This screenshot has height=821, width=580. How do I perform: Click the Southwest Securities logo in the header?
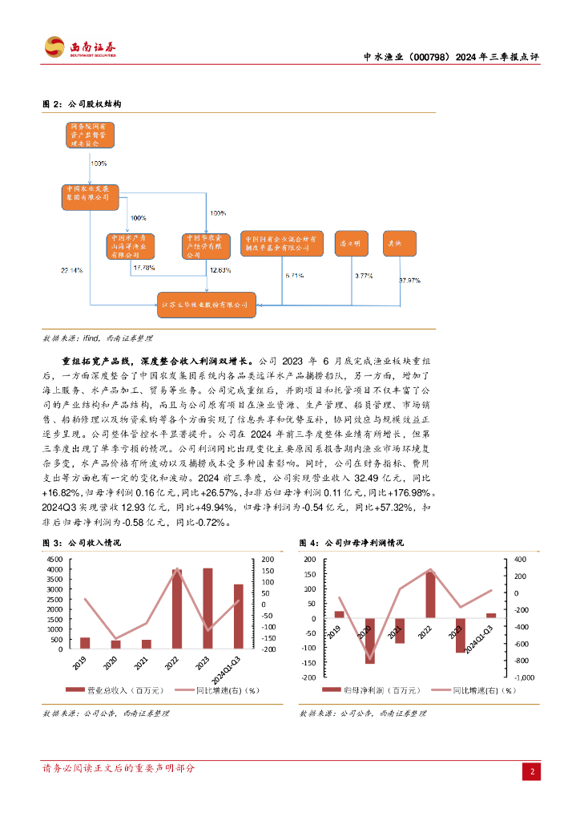[x=81, y=47]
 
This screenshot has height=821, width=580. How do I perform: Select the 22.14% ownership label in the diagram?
[x=71, y=270]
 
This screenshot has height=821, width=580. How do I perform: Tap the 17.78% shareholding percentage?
[x=145, y=267]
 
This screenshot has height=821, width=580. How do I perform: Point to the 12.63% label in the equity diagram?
[x=220, y=269]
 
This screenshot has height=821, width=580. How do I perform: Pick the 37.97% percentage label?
[x=409, y=280]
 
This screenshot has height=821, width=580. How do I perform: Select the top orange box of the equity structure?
[x=91, y=135]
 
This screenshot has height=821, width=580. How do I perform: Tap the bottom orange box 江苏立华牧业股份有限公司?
[x=207, y=305]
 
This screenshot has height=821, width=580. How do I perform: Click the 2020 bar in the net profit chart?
[x=370, y=641]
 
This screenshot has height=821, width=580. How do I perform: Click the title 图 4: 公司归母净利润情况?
[x=352, y=543]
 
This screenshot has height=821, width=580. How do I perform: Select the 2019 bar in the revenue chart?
[x=86, y=643]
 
